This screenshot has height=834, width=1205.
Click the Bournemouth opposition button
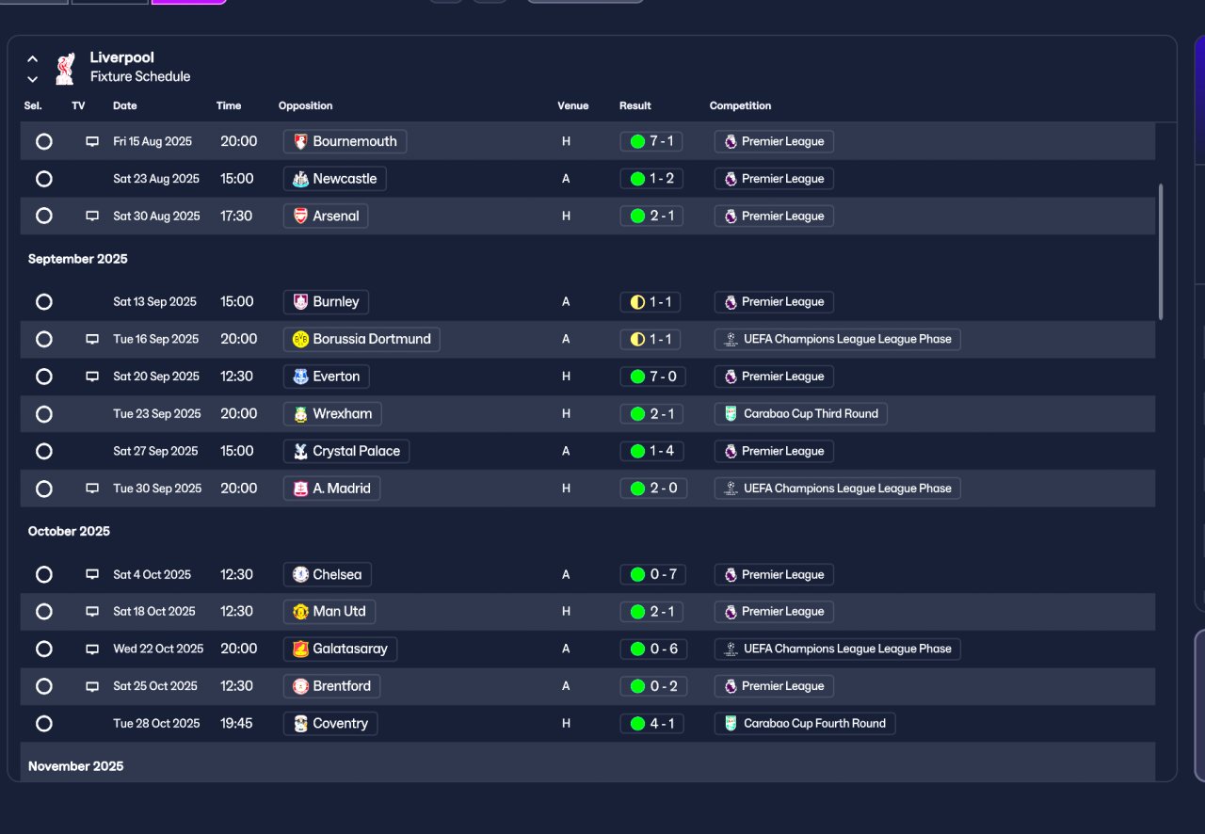pos(345,141)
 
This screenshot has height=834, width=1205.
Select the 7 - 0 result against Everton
pos(651,377)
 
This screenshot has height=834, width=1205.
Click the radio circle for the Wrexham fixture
pos(43,414)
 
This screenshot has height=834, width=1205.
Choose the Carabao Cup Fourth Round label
pos(805,724)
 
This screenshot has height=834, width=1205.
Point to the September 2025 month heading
pos(77,259)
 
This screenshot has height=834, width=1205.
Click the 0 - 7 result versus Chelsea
pos(651,574)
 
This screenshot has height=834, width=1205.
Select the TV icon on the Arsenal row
pos(92,216)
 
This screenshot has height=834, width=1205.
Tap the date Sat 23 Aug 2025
pos(156,179)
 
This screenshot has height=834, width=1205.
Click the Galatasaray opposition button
pos(340,649)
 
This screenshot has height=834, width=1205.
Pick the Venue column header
pos(572,105)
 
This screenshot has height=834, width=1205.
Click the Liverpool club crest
pos(65,68)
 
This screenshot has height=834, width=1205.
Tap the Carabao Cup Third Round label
pos(801,414)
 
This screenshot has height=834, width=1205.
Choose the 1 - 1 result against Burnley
pos(651,302)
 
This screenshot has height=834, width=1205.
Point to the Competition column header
pos(740,105)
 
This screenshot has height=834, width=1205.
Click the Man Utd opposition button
pos(329,612)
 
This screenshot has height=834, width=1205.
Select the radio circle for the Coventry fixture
pos(43,724)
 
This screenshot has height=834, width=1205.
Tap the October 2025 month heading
pos(69,532)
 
